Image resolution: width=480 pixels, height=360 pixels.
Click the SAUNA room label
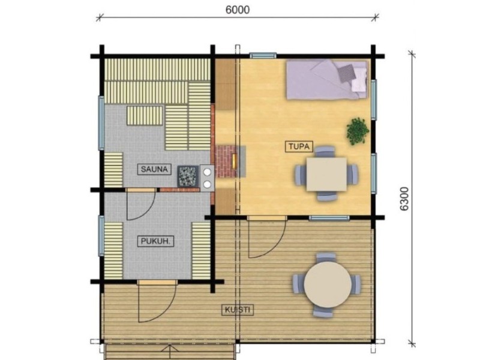click(x=154, y=169)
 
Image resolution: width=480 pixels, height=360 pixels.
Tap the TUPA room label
click(x=299, y=146)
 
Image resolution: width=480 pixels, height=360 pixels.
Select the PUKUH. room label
click(x=155, y=241)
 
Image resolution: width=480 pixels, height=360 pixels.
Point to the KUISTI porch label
click(x=238, y=310)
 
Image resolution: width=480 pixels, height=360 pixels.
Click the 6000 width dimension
click(x=238, y=10)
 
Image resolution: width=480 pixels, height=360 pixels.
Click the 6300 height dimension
click(x=404, y=199)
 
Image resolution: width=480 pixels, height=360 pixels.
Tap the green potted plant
click(x=358, y=131)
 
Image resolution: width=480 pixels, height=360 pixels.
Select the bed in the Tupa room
click(x=326, y=80)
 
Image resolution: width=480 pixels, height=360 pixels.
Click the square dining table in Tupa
click(x=326, y=174)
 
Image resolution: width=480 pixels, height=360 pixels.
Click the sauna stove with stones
click(x=188, y=176)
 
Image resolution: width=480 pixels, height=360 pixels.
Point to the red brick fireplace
click(x=227, y=161)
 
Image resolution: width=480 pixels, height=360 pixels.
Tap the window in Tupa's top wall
click(x=263, y=55)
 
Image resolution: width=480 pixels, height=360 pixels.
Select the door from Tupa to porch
click(x=267, y=236)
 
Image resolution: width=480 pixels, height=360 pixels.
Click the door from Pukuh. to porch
click(x=157, y=301)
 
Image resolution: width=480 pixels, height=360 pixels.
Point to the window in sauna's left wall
click(x=101, y=123)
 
